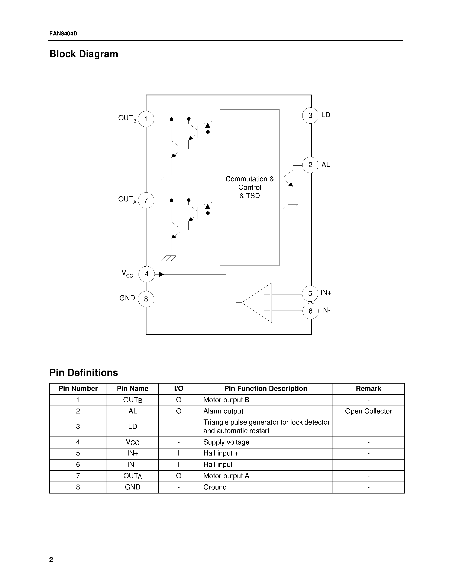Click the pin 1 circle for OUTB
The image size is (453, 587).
[x=146, y=119]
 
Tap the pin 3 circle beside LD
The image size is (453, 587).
[x=310, y=115]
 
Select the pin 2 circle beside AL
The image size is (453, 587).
[x=310, y=165]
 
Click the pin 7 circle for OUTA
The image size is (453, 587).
[x=146, y=200]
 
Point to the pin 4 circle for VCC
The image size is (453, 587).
[x=146, y=274]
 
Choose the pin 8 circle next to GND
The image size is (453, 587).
[x=146, y=299]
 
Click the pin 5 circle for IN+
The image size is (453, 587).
[x=310, y=293]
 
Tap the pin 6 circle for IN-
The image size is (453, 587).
[x=311, y=311]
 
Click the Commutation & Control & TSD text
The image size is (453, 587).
[x=250, y=187]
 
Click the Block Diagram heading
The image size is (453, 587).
[x=84, y=54]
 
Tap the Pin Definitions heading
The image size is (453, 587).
[x=84, y=372]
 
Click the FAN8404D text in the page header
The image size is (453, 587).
[x=63, y=34]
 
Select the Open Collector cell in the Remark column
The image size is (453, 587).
[x=368, y=411]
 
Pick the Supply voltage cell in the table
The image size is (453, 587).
[x=226, y=442]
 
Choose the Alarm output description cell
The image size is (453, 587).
[x=223, y=411]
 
